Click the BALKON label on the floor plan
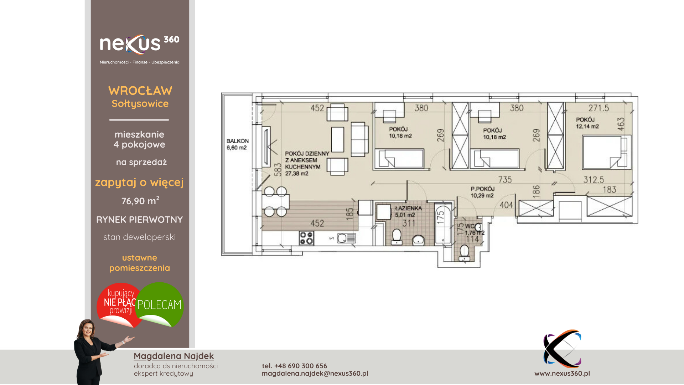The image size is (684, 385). (x=238, y=141)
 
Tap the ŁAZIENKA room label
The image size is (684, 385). (x=408, y=208)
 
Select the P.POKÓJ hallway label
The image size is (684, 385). (x=483, y=189)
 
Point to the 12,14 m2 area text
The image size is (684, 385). (x=587, y=126)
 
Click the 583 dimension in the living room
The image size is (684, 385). (x=278, y=170)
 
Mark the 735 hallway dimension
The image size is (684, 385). (x=505, y=180)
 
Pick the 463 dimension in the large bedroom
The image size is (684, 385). (x=621, y=124)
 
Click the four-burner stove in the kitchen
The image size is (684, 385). (x=306, y=238)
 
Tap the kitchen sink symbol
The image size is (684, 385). (x=346, y=238)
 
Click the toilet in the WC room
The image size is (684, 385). (x=465, y=253)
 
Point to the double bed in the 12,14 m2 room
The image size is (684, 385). (x=605, y=152)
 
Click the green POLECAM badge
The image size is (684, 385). (x=160, y=304)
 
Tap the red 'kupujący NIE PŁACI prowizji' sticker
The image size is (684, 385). (x=118, y=304)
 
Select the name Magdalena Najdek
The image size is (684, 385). (x=174, y=356)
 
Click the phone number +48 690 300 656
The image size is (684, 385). (x=301, y=366)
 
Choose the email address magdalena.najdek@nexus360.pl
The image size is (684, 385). (x=315, y=373)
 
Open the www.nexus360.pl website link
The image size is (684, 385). (x=562, y=373)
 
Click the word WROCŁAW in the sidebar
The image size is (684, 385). (x=140, y=91)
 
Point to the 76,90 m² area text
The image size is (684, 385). (x=140, y=201)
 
